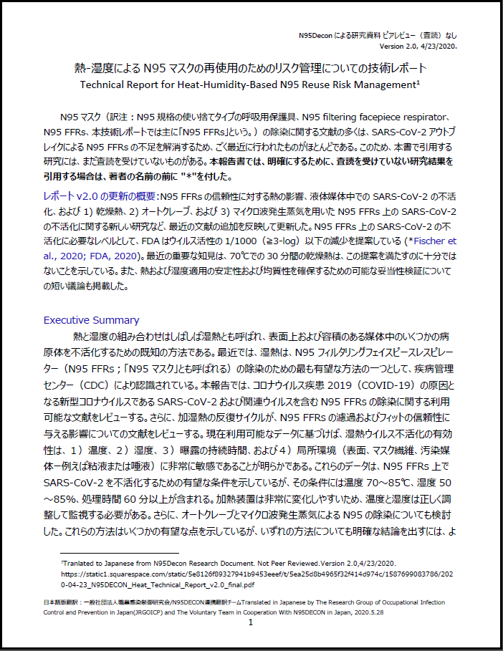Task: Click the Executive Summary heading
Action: (91, 320)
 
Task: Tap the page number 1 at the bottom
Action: (251, 623)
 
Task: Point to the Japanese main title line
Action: (250, 69)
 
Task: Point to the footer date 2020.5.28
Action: (431, 612)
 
